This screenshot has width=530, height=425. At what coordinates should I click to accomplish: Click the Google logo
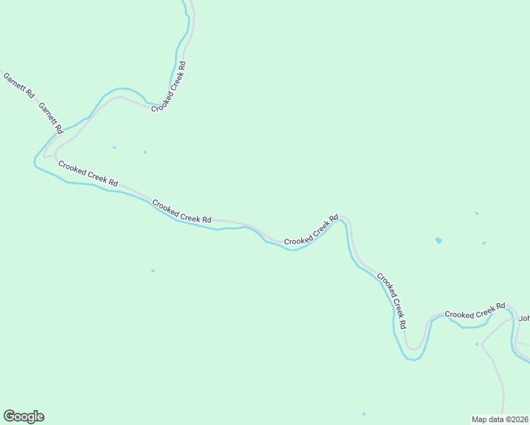tap(23, 416)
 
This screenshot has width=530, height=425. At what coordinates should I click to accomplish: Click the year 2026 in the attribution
tap(519, 419)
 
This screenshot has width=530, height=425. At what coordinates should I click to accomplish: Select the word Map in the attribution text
tap(480, 419)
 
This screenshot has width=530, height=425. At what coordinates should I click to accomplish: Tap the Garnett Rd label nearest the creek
tap(51, 118)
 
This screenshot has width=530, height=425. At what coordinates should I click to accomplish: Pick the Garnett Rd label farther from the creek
tap(18, 85)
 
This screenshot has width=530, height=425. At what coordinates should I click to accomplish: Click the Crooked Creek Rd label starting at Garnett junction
tap(88, 174)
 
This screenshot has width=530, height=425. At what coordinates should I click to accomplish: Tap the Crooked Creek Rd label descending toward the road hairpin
tap(391, 300)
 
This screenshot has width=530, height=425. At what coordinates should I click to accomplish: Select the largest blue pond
tap(439, 241)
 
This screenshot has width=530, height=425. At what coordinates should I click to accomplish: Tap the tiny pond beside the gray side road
tap(477, 344)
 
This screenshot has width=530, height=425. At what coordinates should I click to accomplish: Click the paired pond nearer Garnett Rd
tap(114, 147)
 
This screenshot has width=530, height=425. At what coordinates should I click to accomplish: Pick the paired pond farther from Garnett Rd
tap(145, 152)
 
